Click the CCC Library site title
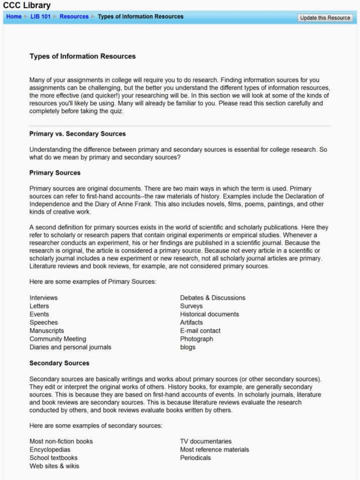click(27, 6)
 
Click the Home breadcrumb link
click(14, 17)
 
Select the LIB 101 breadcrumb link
click(40, 17)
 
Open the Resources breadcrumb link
click(74, 17)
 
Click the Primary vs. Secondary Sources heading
click(77, 134)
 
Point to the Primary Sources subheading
click(55, 173)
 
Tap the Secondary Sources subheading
click(59, 363)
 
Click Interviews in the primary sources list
click(43, 298)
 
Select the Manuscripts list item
click(46, 331)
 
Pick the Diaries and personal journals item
click(70, 347)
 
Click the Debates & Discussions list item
click(212, 298)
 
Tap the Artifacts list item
click(191, 323)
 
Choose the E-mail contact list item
click(200, 331)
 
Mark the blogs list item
click(187, 347)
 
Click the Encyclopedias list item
click(50, 450)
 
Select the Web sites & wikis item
click(54, 466)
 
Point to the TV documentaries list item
click(205, 441)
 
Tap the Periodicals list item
click(195, 458)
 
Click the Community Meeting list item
click(58, 339)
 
